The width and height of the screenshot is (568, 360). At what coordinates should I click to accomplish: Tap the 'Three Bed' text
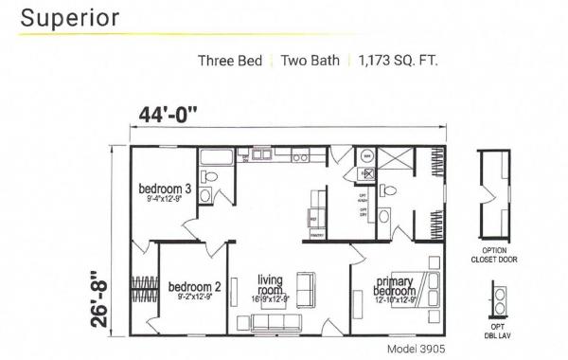tap(230, 62)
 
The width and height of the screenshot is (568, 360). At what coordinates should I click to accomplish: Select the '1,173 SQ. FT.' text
tap(399, 62)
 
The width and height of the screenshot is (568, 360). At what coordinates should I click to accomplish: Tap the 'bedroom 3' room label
tap(165, 190)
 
